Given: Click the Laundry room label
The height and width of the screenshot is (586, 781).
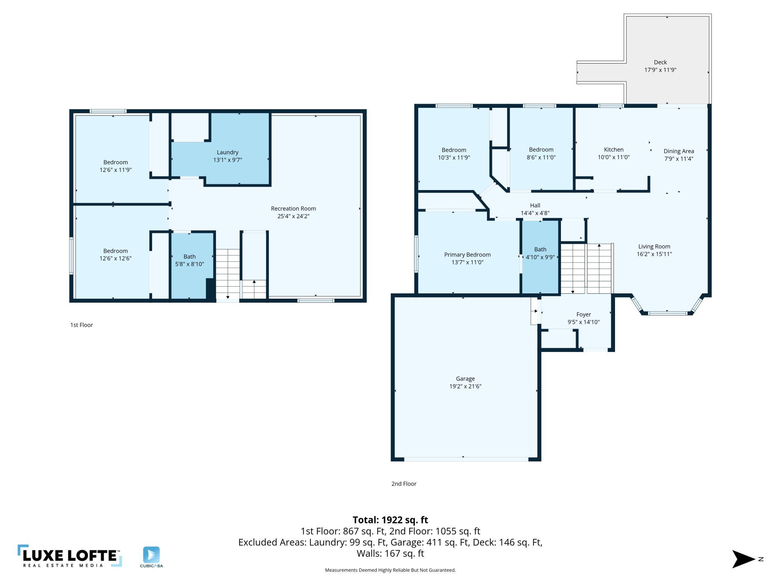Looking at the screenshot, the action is tap(228, 152).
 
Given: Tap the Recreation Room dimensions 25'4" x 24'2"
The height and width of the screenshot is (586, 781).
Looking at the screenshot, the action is tap(293, 216).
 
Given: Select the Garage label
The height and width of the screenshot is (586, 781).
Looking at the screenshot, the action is tap(465, 379).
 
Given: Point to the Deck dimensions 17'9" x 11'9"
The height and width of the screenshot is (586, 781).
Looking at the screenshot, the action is tap(660, 70).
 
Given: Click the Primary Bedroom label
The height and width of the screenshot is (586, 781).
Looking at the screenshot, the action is tap(467, 255).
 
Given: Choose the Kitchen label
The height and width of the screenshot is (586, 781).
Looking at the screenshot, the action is tap(614, 150).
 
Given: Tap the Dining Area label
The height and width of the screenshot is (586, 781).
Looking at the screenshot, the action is tap(678, 151).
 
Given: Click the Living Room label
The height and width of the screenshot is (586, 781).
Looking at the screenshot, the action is tap(654, 246).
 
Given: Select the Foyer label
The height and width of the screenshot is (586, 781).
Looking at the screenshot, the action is tap(583, 314).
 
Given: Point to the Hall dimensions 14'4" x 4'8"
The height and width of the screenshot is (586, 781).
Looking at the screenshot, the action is tap(535, 213).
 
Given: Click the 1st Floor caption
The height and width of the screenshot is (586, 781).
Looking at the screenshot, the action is tap(81, 325).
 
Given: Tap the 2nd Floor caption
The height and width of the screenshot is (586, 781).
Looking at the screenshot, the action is tap(404, 484).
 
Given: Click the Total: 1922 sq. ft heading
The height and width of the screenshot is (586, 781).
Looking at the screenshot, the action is tap(390, 520).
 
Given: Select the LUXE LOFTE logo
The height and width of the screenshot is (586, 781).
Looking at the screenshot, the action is tap(70, 556).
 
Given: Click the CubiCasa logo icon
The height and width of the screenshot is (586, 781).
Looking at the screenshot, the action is tap(151, 555).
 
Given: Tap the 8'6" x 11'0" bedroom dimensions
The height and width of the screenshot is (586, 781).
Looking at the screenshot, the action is tap(541, 157).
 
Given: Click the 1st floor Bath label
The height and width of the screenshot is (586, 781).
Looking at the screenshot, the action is tap(190, 257).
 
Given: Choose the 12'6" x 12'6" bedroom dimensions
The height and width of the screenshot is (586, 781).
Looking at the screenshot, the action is tap(116, 258).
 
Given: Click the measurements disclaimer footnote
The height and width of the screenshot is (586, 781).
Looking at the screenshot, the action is tap(390, 570).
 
